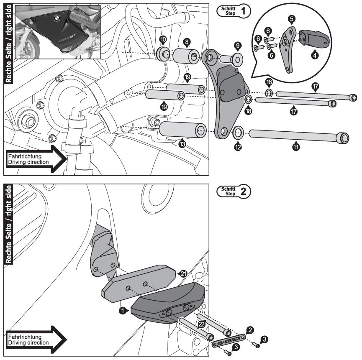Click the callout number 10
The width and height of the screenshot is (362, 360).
coord(163,39)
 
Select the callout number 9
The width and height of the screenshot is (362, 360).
coord(238,45)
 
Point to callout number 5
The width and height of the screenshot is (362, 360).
coord(291,18)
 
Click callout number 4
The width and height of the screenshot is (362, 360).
coord(315,53)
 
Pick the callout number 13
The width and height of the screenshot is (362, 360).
coord(182,144)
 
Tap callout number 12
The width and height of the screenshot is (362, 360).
coord(238,147)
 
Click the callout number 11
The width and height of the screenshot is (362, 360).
coord(296,147)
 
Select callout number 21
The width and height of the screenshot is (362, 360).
coord(182,273)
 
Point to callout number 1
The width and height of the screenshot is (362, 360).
coord(122,311)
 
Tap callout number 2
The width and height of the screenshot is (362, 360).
coord(249,330)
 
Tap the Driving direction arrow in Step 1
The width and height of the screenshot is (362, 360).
coord(36,159)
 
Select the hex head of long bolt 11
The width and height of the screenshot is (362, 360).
coord(344,137)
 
